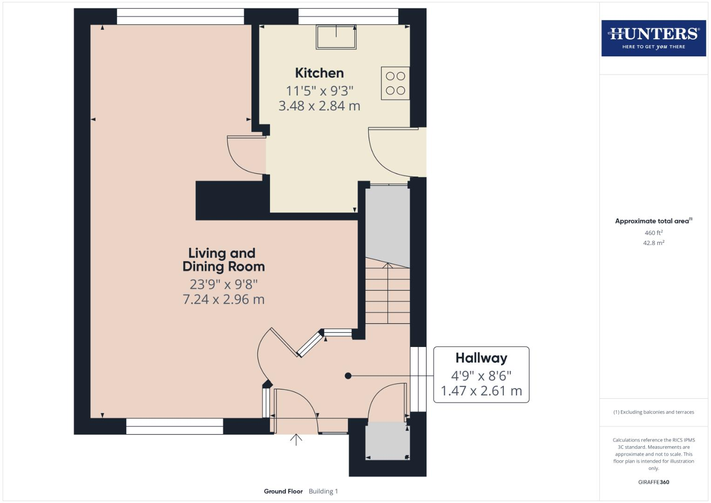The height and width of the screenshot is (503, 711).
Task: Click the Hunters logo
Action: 653,38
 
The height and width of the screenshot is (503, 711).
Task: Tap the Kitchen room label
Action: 319,73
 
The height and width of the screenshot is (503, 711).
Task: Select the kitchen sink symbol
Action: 336,37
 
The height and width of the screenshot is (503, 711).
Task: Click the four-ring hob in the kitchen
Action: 395,83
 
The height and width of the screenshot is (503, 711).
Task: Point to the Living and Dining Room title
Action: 223,260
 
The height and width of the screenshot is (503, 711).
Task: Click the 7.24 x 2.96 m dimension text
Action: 223,299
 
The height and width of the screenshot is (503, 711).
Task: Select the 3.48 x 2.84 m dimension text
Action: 319,106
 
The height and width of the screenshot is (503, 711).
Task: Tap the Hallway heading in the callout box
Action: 481,358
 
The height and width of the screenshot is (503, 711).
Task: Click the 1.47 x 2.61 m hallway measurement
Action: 481,391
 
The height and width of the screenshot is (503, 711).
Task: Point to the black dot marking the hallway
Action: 348,376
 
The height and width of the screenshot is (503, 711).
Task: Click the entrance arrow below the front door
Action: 296,440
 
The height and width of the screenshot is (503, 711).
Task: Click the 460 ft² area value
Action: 653,232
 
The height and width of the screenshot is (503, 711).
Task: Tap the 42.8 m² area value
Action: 653,243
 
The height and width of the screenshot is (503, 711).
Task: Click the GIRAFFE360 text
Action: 653,482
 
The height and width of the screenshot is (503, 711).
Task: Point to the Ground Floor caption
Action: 283,491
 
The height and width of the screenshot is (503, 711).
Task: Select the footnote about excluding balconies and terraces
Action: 653,412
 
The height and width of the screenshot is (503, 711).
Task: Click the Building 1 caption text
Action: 323,491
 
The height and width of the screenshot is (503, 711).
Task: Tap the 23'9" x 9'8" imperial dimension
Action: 223,284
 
